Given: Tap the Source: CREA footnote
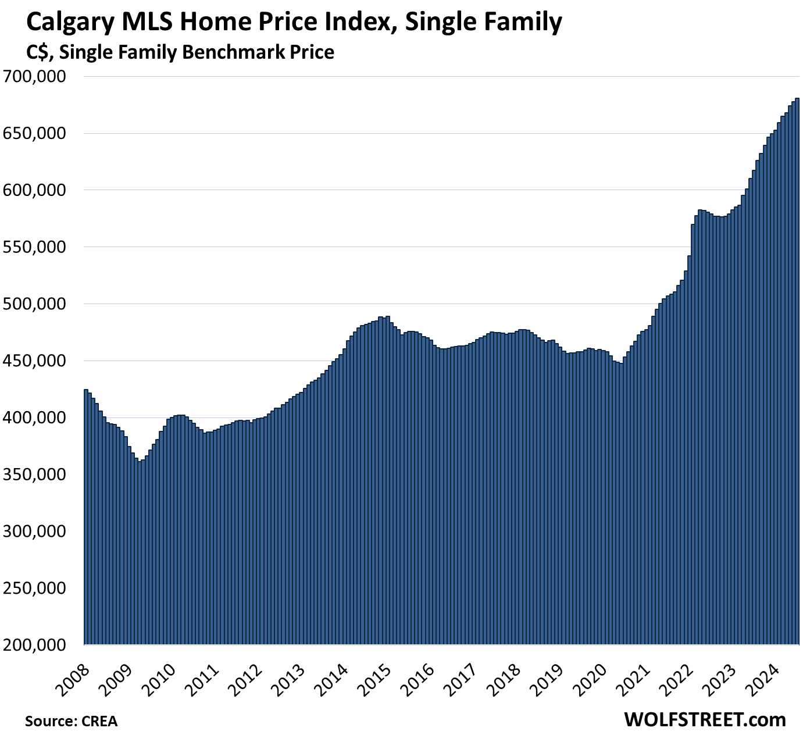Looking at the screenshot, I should [71, 721].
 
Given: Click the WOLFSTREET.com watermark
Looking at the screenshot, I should [704, 719].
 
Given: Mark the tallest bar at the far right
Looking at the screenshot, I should [797, 372].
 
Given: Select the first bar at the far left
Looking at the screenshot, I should [86, 518].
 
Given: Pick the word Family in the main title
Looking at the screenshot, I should [520, 23].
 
